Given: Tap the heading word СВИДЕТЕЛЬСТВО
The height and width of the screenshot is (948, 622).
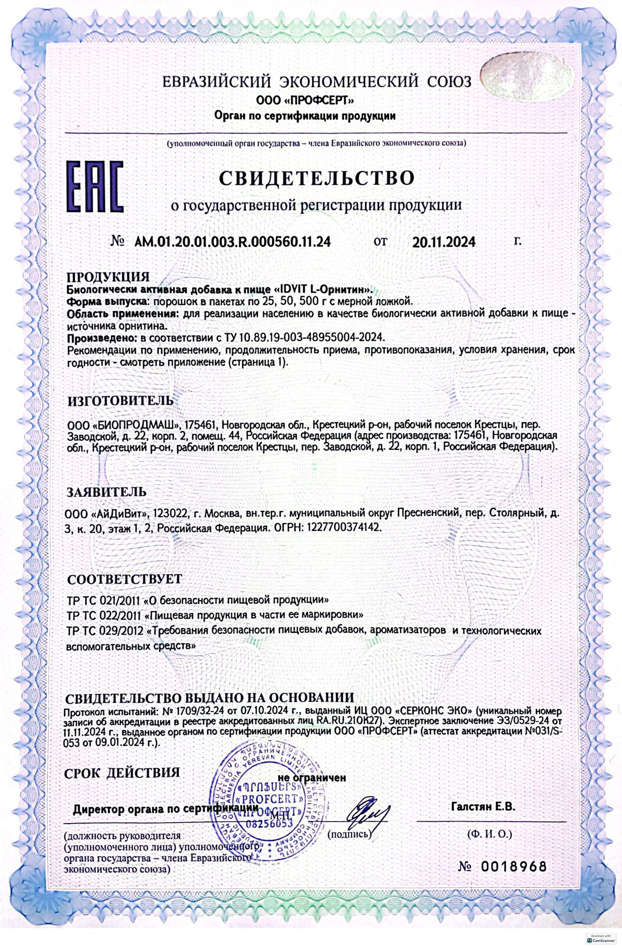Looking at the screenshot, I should pyautogui.click(x=316, y=178).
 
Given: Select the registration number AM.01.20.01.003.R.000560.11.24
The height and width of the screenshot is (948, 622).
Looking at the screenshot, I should pyautogui.click(x=233, y=242).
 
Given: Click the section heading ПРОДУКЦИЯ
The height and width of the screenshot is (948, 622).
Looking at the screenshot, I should pyautogui.click(x=108, y=277).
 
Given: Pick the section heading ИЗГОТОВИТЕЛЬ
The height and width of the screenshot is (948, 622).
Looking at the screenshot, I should pyautogui.click(x=120, y=400).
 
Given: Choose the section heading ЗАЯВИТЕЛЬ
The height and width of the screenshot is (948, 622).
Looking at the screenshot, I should pyautogui.click(x=106, y=492).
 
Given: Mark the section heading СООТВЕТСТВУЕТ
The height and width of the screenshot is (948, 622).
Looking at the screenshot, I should pyautogui.click(x=124, y=578).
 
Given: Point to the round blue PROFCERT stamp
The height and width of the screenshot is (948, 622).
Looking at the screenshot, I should pyautogui.click(x=263, y=801).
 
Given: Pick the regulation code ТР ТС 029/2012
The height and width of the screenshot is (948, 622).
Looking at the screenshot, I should pyautogui.click(x=104, y=631).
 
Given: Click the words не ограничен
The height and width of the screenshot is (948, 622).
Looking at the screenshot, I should pyautogui.click(x=311, y=778).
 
